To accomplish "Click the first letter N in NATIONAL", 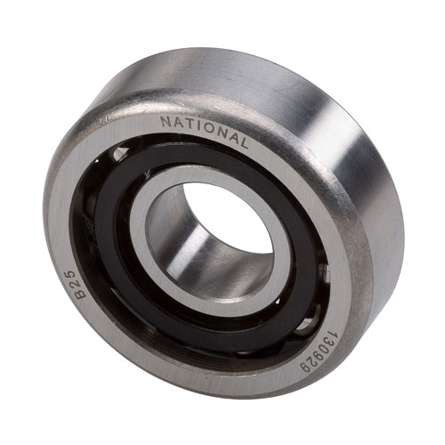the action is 166,121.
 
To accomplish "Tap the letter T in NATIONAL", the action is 188,124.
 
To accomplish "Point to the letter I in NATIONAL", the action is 197,125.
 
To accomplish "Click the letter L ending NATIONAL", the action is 243,144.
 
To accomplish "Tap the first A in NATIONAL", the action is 177,122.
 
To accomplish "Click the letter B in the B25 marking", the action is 80,293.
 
